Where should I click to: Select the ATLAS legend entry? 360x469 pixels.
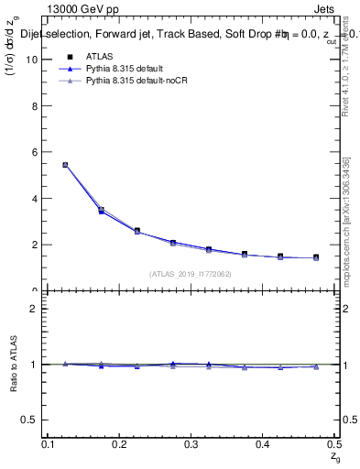[x=102, y=56]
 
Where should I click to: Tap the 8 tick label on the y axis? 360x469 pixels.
[x=38, y=105]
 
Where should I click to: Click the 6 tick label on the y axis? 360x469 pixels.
[x=38, y=152]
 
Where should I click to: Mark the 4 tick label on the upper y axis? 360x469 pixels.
[x=38, y=198]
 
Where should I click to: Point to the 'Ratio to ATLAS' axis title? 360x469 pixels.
[x=14, y=365]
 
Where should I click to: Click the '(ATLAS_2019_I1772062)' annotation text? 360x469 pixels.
[x=191, y=274]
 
